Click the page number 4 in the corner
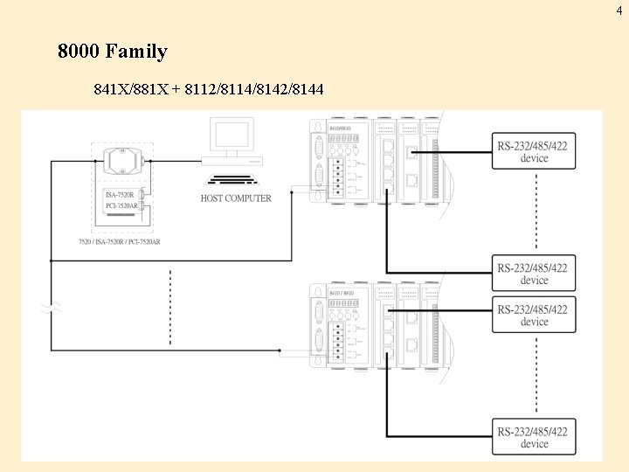point(619,10)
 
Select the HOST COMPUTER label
point(236,198)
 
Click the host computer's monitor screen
point(232,136)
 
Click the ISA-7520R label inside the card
point(121,194)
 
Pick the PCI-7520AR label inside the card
point(122,205)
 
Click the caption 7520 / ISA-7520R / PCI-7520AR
point(119,241)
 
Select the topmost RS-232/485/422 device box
point(534,151)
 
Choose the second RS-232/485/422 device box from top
point(534,274)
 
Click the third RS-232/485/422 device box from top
point(534,316)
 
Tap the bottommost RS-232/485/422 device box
point(534,437)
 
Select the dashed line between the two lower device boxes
point(534,376)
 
